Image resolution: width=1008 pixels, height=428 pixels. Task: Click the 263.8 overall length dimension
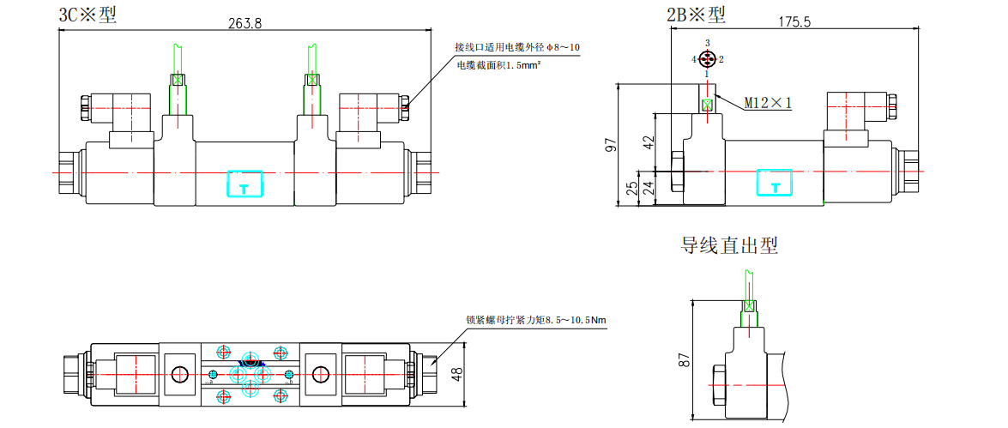[x=245, y=23]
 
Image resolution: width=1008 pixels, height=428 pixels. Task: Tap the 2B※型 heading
[x=696, y=14]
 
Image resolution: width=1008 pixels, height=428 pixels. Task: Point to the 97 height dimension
[x=611, y=145]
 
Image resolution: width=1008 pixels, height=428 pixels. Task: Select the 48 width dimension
[x=456, y=374]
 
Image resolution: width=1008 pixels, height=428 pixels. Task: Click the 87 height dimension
[x=684, y=360]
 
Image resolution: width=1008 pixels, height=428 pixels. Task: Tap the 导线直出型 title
[x=729, y=246]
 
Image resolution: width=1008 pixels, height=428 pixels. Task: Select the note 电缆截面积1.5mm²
[x=502, y=65]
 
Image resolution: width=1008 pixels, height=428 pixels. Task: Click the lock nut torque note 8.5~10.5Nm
[x=536, y=320]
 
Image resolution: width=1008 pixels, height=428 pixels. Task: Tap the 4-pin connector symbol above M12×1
[x=707, y=59]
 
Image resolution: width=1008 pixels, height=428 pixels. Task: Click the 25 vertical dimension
[x=631, y=187]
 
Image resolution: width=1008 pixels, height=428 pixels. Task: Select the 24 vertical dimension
[x=649, y=188]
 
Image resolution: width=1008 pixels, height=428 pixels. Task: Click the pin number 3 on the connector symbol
[x=707, y=42]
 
